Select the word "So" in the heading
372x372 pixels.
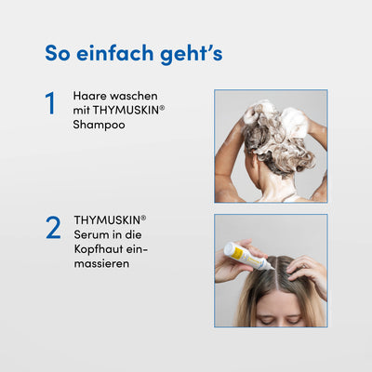tap(60, 52)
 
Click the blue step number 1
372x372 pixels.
tap(51, 103)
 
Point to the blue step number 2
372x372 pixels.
tap(53, 228)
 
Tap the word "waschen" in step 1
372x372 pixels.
tap(133, 96)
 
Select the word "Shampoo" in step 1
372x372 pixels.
tap(99, 124)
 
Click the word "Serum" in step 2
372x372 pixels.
tap(90, 234)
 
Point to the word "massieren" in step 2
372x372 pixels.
tap(101, 264)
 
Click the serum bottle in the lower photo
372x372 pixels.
tap(247, 257)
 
